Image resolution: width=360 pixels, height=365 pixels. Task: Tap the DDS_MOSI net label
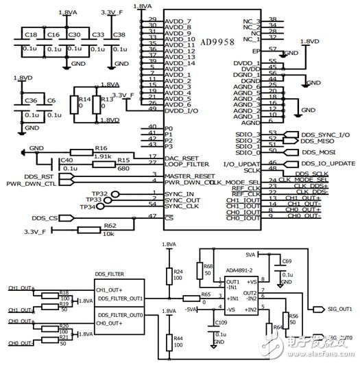click(319, 151)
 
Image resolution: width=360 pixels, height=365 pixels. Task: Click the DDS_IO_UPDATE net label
click(328, 163)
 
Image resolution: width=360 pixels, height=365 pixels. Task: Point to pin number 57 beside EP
click(272, 49)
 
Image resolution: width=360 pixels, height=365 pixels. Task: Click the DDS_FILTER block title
click(113, 274)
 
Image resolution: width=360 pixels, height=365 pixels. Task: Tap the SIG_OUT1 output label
click(335, 308)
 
